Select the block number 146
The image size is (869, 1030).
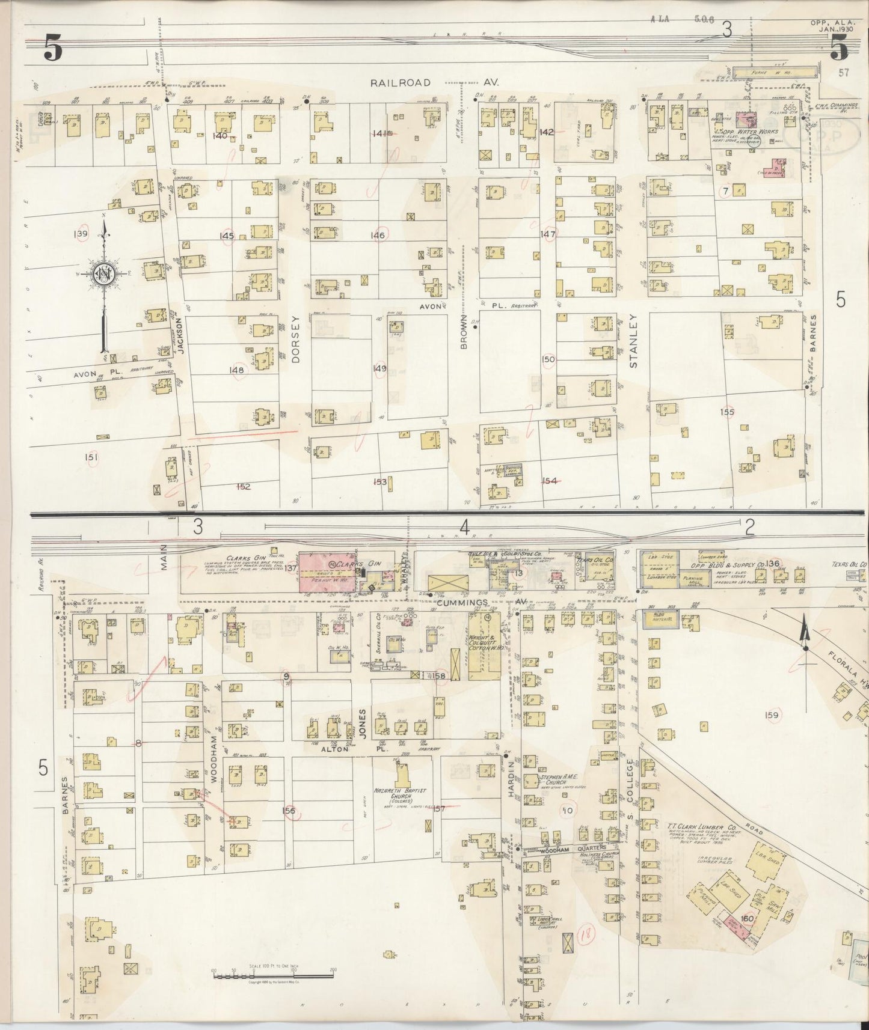click(x=378, y=236)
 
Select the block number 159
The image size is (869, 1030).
click(x=772, y=715)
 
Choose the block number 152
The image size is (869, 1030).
click(x=243, y=487)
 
